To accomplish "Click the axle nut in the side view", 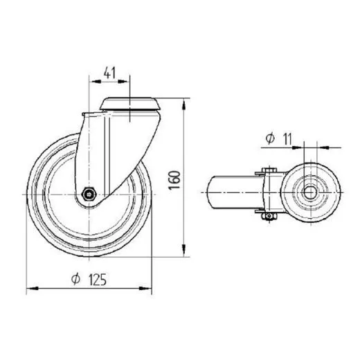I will pos(89,195).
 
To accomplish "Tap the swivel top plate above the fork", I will pos(130,104).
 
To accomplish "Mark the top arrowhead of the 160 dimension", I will pos(183,106).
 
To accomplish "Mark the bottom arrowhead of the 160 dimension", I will pos(183,253).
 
